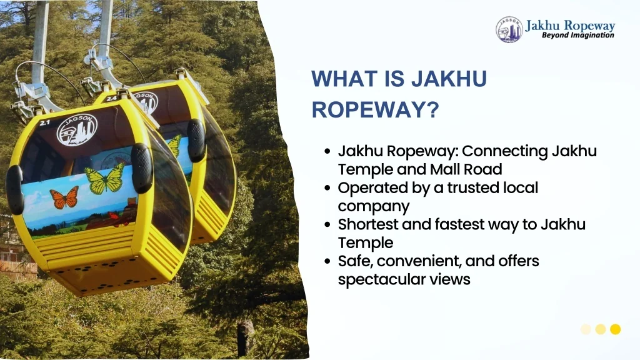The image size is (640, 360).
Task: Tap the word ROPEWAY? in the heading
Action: [375, 109]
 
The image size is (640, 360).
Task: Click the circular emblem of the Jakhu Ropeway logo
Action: [509, 29]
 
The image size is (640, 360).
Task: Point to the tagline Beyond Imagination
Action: [578, 35]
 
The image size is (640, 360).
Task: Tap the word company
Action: [373, 206]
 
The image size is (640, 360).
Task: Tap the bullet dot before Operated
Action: [327, 188]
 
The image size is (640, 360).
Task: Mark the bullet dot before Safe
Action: [327, 261]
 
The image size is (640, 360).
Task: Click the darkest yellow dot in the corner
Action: [615, 329]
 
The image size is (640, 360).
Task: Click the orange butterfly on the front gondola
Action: [64, 198]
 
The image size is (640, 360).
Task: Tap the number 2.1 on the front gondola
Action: [44, 122]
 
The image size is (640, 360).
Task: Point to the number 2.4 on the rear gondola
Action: [111, 98]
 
